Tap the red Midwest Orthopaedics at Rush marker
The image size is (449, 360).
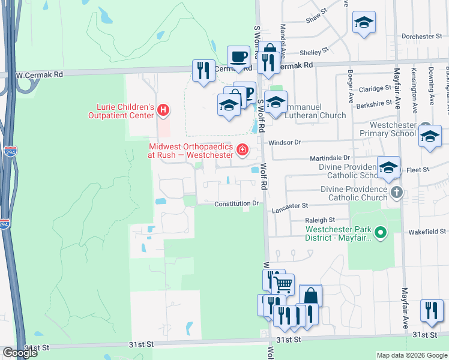243,149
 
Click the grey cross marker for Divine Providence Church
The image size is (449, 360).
396,193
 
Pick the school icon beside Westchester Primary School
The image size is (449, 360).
430,136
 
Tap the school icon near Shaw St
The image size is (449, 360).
364,23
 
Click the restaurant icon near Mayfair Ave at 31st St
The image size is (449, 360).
432,310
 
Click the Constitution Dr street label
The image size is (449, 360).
237,204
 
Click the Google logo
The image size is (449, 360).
20,353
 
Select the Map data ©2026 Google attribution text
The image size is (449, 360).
412,355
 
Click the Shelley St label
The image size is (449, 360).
315,52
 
